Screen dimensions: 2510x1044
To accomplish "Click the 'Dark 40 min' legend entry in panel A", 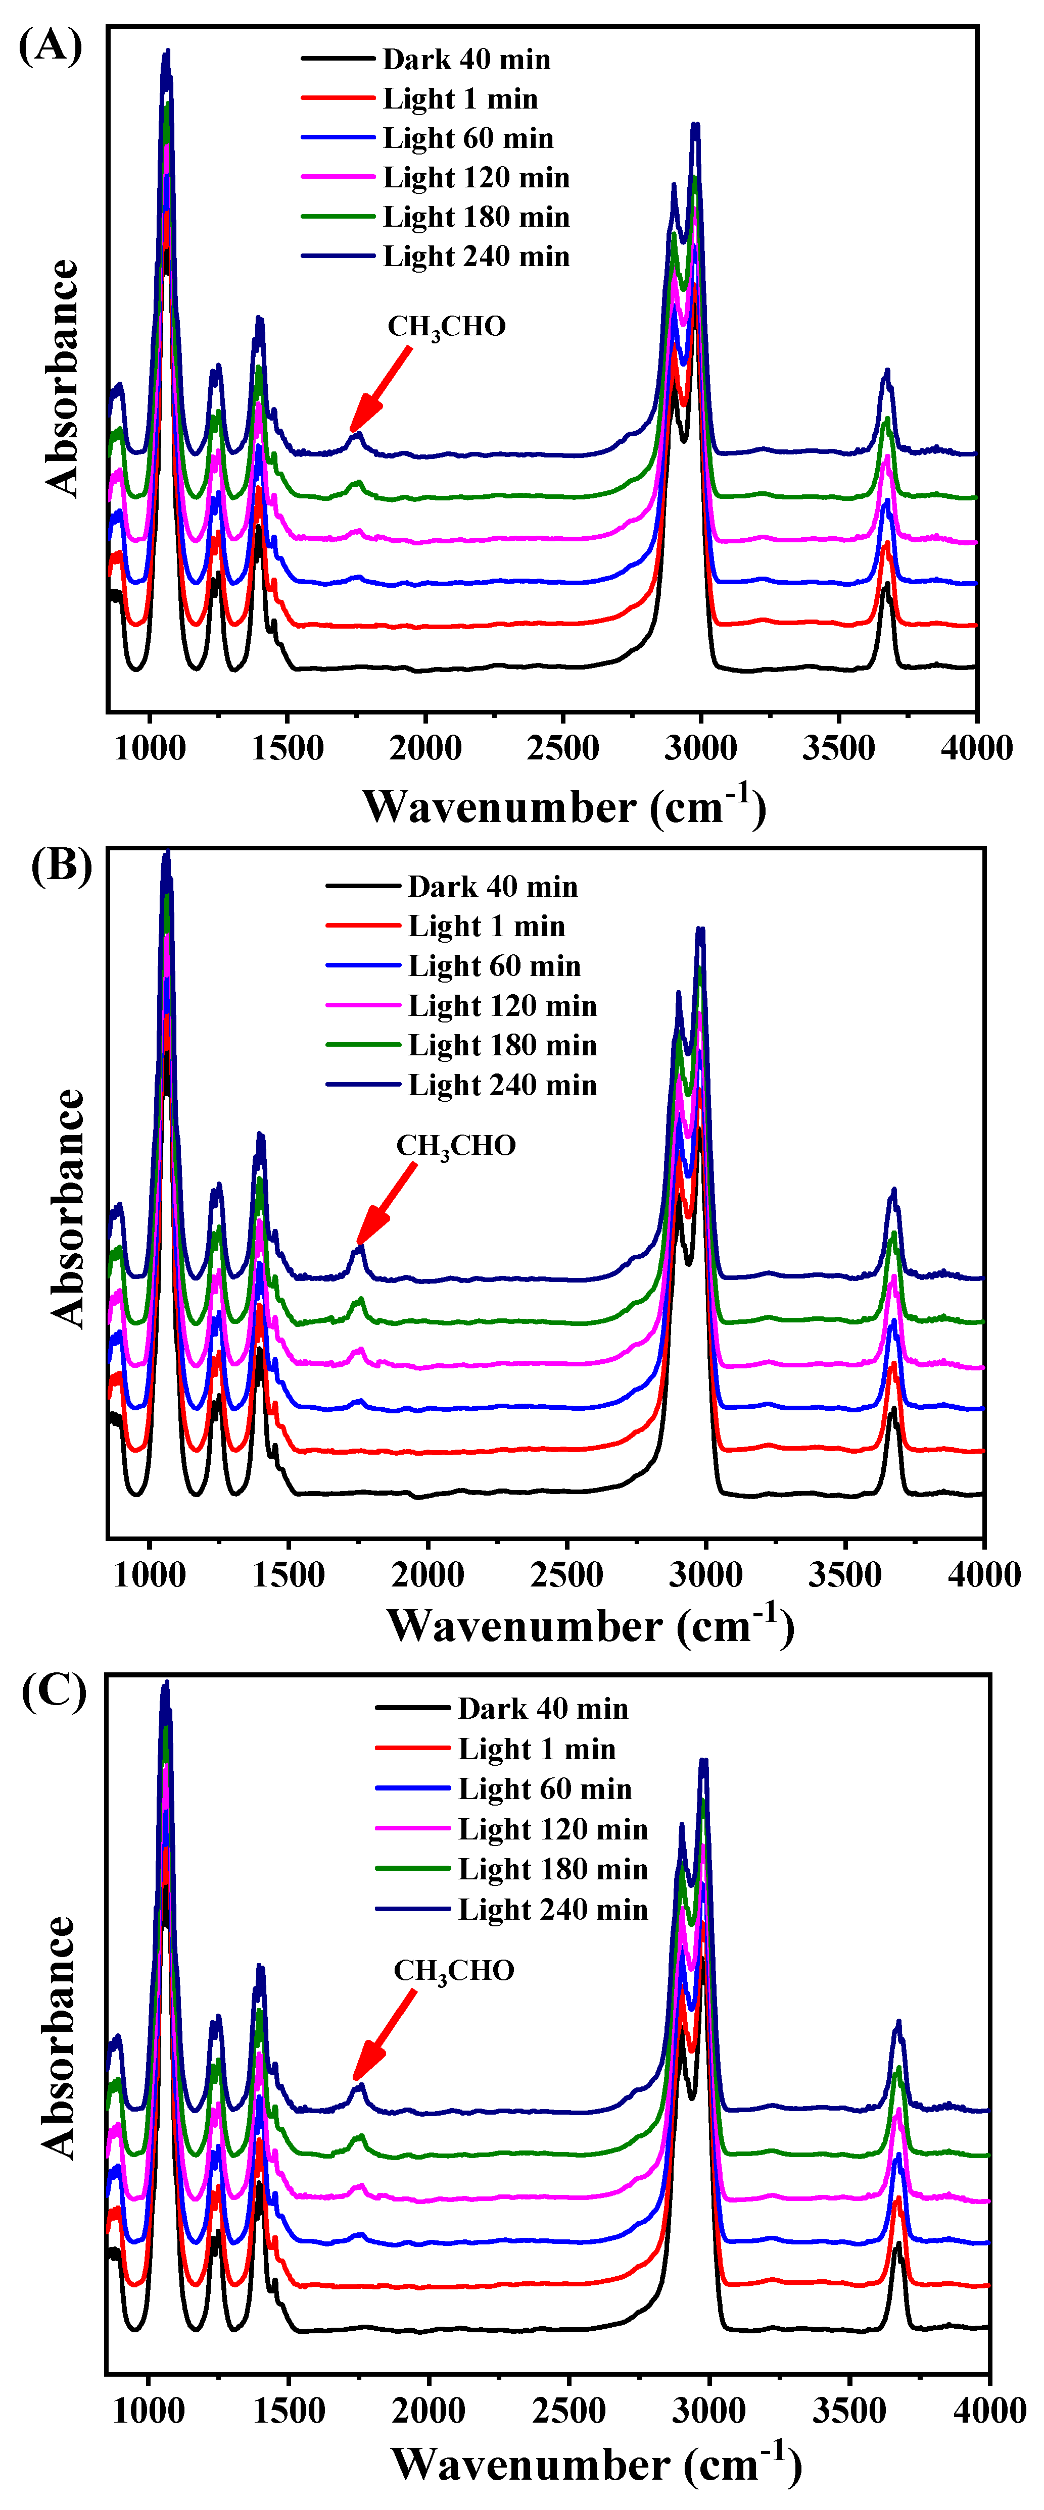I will [x=466, y=60].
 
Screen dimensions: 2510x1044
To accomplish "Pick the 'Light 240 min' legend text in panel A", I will [x=476, y=257].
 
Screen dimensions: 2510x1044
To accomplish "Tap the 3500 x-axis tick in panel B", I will [x=844, y=1574].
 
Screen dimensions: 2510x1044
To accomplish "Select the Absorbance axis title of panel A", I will [x=62, y=378].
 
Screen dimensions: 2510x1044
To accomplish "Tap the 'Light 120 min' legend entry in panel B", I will [x=502, y=1005].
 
